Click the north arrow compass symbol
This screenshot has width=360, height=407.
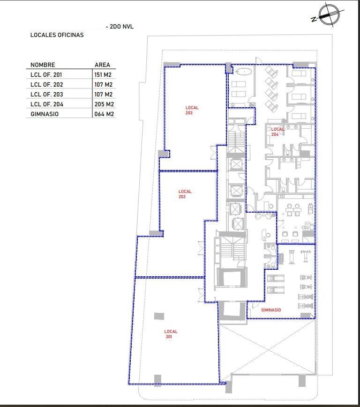point(329,15)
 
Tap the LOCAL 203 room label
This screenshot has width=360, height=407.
point(192,110)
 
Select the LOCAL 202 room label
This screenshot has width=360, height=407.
point(185,194)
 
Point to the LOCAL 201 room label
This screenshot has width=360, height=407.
point(171,334)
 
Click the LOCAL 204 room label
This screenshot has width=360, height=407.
point(277,132)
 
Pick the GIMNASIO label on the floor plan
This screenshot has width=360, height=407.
point(271,310)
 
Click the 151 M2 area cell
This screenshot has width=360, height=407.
point(103,75)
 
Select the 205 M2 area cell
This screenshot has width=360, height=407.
point(104,104)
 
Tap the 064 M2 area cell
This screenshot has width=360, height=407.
point(104,114)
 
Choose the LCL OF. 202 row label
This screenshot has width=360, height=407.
point(47,85)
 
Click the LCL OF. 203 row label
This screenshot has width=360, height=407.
point(47,95)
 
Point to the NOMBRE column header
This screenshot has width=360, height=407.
point(43,65)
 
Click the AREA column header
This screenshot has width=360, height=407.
point(102,65)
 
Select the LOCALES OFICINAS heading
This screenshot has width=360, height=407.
point(57,35)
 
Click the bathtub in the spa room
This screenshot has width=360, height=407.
point(244,71)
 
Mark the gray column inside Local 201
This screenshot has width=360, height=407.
point(159,316)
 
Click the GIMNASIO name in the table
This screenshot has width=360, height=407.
point(45,114)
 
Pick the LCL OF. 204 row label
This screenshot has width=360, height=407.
point(47,104)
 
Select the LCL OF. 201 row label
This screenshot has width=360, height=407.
point(46,75)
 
